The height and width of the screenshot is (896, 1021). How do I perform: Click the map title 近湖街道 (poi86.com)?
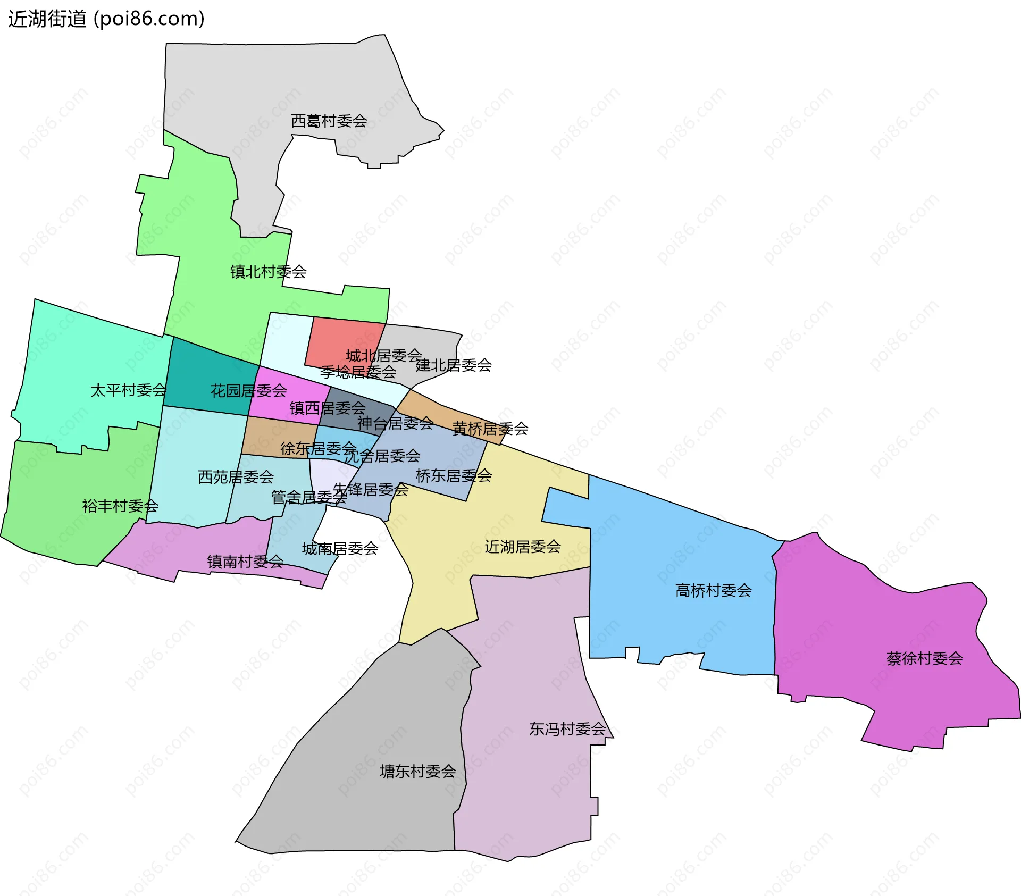106,19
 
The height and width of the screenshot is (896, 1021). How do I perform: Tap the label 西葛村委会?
329,121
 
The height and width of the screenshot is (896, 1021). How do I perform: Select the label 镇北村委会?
268,272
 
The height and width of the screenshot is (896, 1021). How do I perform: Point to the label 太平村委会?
128,390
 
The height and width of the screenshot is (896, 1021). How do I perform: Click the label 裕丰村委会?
120,506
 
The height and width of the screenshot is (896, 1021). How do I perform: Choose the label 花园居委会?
248,391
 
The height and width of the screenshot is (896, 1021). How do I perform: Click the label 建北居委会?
454,365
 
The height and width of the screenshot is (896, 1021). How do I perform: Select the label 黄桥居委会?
490,429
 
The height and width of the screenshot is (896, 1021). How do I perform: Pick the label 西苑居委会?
236,477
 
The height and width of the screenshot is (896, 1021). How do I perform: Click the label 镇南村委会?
245,562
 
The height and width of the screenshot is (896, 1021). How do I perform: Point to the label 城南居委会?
340,548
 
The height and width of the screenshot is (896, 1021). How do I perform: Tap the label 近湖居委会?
523,547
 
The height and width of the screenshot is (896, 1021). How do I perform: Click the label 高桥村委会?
713,590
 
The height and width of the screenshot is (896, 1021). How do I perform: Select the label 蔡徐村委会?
924,659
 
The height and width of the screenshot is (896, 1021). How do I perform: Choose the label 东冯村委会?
567,728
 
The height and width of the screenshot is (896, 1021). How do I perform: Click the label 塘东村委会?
418,771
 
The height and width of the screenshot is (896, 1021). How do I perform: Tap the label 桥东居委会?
454,475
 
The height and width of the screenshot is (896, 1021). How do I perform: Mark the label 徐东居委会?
318,448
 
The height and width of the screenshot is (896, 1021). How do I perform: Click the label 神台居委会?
395,423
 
